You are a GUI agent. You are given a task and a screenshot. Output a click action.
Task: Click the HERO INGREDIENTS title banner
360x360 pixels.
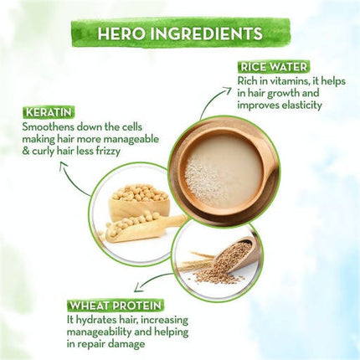180,33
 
